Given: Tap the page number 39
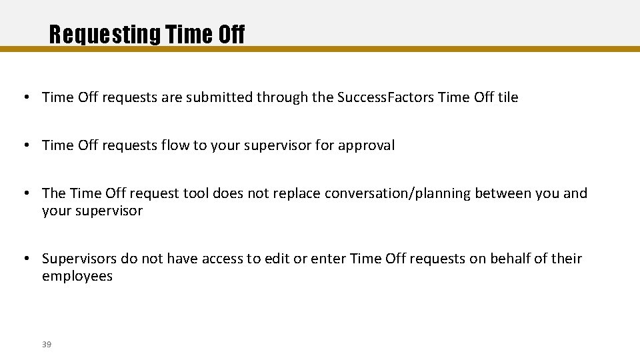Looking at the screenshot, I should (47, 344).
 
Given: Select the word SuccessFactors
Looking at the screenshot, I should (386, 97).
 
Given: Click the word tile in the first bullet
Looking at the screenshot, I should (507, 97).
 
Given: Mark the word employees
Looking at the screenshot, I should (77, 276).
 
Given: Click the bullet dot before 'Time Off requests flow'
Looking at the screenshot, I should (25, 145).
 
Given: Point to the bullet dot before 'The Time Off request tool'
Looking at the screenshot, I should (25, 193).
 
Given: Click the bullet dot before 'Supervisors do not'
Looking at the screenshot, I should (25, 259).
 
